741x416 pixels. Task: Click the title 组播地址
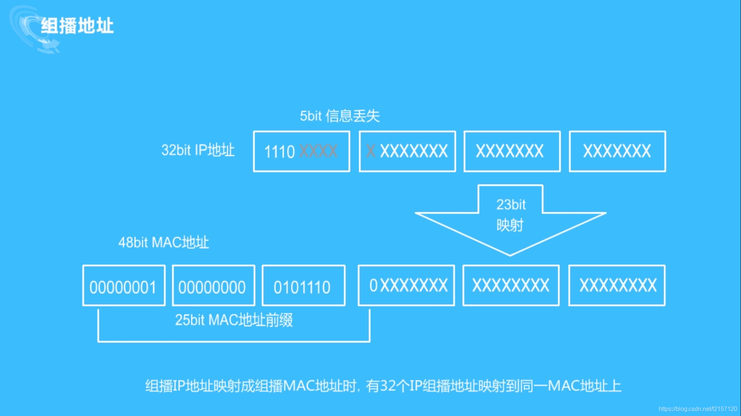tap(77, 26)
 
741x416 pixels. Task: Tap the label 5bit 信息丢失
tap(340, 116)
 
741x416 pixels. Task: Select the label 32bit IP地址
tap(198, 150)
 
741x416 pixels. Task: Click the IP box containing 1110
tap(301, 151)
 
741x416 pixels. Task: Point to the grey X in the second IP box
tap(371, 151)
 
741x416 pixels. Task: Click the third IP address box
tap(512, 151)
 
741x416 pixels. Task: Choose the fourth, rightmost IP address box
tap(617, 151)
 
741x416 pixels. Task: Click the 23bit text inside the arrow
tap(511, 204)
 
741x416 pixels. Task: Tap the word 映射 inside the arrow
tap(510, 225)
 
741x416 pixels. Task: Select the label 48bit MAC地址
tap(163, 243)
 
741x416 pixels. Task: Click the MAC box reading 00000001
tap(124, 285)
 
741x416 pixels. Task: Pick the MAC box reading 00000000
tap(213, 285)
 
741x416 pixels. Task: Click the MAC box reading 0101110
tap(303, 285)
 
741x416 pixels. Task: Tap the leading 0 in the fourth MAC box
tap(373, 285)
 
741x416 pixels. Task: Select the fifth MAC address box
tap(511, 285)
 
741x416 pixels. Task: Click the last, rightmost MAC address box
tap(617, 285)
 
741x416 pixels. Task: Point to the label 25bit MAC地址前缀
tap(234, 320)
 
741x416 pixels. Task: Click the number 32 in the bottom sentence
tap(387, 386)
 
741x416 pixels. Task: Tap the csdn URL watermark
tap(698, 409)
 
